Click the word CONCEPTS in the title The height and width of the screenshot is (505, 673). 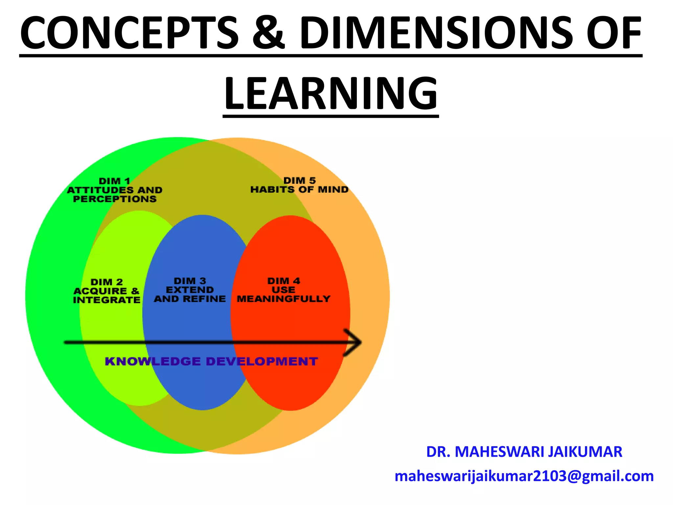pos(129,33)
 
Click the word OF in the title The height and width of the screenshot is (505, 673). pos(614,33)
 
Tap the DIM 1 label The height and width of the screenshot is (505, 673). pos(115,181)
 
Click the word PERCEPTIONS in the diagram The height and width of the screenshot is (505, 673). pos(115,199)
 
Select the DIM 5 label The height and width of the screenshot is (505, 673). pos(299,180)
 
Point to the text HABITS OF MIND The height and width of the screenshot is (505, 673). pos(299,190)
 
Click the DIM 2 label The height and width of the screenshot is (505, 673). pos(107,282)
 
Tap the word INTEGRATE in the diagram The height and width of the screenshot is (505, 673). pos(107,300)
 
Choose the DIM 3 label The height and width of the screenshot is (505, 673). pos(190,281)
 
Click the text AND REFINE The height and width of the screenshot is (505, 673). pos(190,299)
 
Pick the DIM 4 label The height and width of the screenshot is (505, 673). pos(284,281)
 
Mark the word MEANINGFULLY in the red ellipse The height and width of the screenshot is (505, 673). pos(284,299)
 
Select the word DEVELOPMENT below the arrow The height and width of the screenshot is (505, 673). pos(262,361)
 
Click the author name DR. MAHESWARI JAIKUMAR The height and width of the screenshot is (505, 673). pos(524,452)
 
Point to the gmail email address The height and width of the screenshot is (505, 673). pos(524,476)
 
